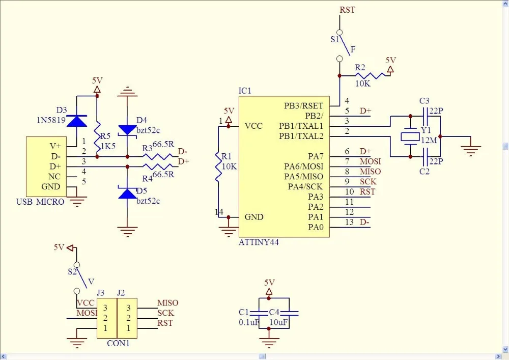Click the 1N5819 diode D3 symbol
[77, 121]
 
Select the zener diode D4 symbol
[127, 130]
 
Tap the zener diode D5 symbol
[127, 192]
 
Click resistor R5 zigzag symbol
[97, 137]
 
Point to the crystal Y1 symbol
[410, 136]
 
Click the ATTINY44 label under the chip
[259, 242]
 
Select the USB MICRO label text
[40, 202]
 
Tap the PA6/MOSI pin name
[303, 167]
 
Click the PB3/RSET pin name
[303, 106]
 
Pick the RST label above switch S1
[347, 10]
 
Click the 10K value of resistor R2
[362, 84]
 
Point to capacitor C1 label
[243, 312]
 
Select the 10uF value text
[278, 322]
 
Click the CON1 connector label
[118, 343]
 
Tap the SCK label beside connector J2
[166, 313]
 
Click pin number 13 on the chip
[349, 222]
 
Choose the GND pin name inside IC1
[254, 217]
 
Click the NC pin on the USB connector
[54, 177]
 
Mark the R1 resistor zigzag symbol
[218, 167]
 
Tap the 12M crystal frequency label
[429, 141]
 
